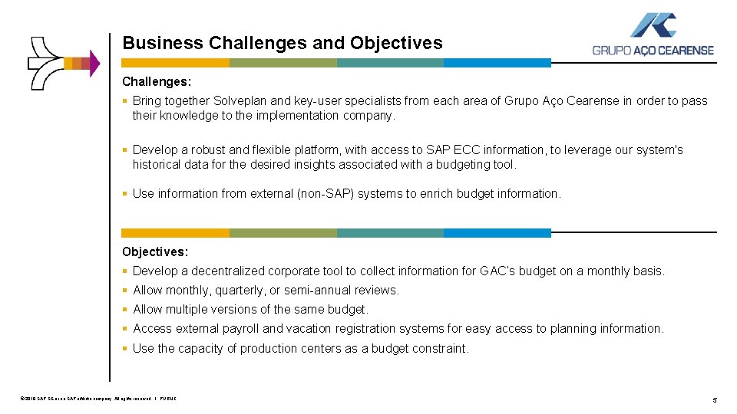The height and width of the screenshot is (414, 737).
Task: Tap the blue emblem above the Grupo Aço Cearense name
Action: point(653,25)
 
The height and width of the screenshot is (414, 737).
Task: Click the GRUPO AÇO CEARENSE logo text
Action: point(653,51)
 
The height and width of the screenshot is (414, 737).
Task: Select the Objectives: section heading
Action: point(155,251)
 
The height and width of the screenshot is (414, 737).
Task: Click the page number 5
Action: point(715,400)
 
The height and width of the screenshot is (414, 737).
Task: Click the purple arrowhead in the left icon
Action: point(94,64)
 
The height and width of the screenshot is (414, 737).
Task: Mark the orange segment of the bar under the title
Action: point(175,63)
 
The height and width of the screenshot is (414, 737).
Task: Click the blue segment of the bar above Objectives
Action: point(497,232)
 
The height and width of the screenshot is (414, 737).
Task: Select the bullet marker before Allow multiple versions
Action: point(125,310)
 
